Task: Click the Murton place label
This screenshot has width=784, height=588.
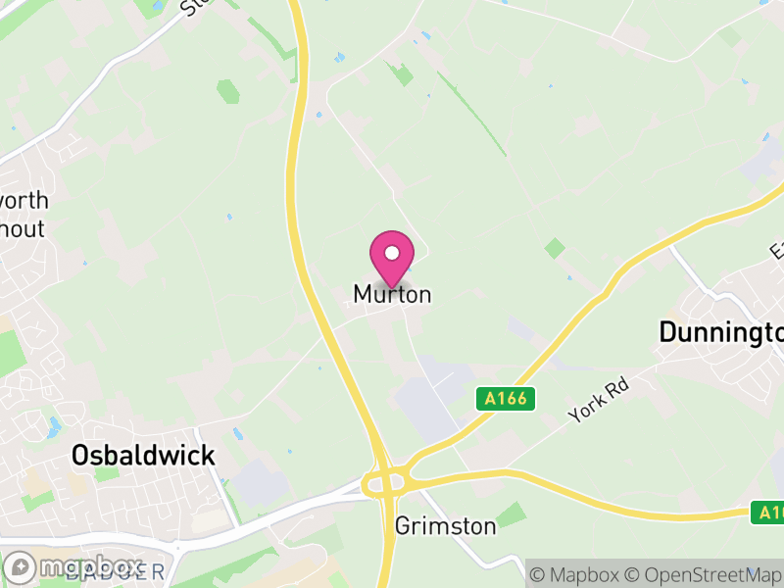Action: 392,294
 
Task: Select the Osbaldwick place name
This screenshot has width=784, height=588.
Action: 143,456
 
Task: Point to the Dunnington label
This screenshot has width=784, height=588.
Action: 721,332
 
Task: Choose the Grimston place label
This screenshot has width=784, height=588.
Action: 445,526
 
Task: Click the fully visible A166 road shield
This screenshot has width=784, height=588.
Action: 506,398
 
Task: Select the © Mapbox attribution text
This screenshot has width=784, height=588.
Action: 578,573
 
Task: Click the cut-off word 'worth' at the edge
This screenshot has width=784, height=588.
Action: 24,201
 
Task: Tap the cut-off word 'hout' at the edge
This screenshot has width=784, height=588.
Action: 22,228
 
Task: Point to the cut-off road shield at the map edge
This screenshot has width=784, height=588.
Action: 768,512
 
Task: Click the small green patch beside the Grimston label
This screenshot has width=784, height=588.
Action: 511,514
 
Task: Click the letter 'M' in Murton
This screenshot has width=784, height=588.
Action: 362,294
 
